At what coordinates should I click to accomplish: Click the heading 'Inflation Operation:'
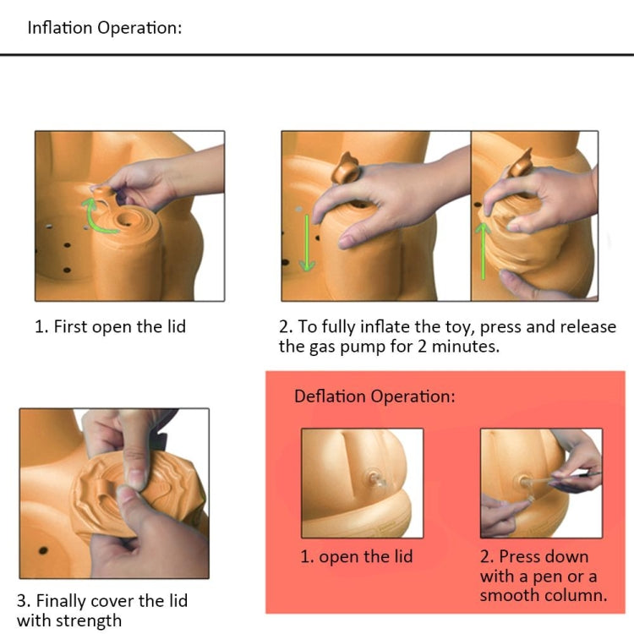click(105, 28)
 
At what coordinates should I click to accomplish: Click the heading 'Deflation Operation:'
click(374, 396)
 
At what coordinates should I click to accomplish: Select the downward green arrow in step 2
click(307, 243)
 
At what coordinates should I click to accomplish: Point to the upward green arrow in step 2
click(483, 251)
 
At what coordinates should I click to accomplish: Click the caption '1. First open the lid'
click(110, 326)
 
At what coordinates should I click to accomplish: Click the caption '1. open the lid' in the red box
click(356, 557)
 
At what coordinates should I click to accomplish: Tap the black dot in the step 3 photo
click(43, 550)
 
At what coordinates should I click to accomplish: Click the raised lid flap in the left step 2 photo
click(346, 168)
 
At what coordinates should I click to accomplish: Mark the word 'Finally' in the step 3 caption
click(63, 602)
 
